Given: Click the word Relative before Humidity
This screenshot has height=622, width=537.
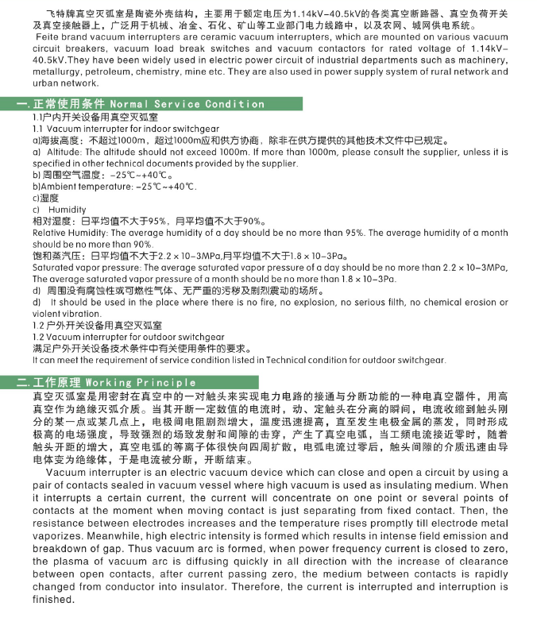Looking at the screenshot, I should pos(49,233).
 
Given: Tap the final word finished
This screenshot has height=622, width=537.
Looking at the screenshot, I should pos(53,599).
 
